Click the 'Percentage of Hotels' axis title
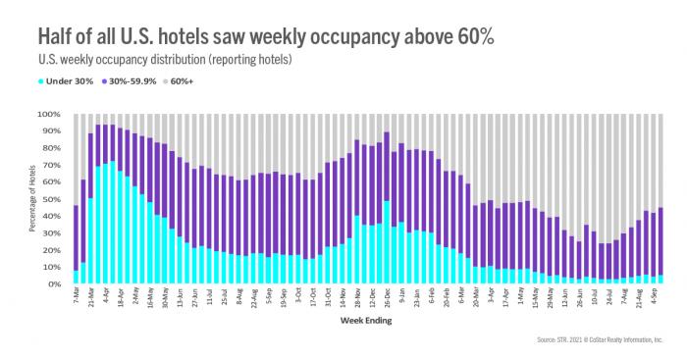tap(32, 199)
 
